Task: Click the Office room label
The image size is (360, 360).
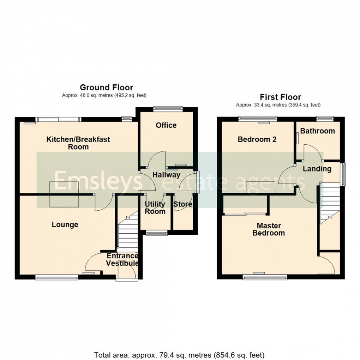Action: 166,125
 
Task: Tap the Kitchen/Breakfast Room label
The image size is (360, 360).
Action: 78,143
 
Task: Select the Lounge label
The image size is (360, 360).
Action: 65,225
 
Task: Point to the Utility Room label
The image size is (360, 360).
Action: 155,208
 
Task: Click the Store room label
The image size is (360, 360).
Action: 183,204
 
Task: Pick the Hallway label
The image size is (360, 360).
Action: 166,174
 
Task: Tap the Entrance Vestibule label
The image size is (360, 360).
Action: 122,260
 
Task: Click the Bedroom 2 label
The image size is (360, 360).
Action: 257,139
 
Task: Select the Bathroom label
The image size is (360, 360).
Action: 318,131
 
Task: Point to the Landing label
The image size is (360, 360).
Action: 317,169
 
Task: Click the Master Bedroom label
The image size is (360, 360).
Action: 269,229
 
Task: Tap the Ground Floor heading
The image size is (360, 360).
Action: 106,88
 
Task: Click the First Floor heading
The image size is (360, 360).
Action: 281,97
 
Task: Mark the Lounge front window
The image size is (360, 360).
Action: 56,278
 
